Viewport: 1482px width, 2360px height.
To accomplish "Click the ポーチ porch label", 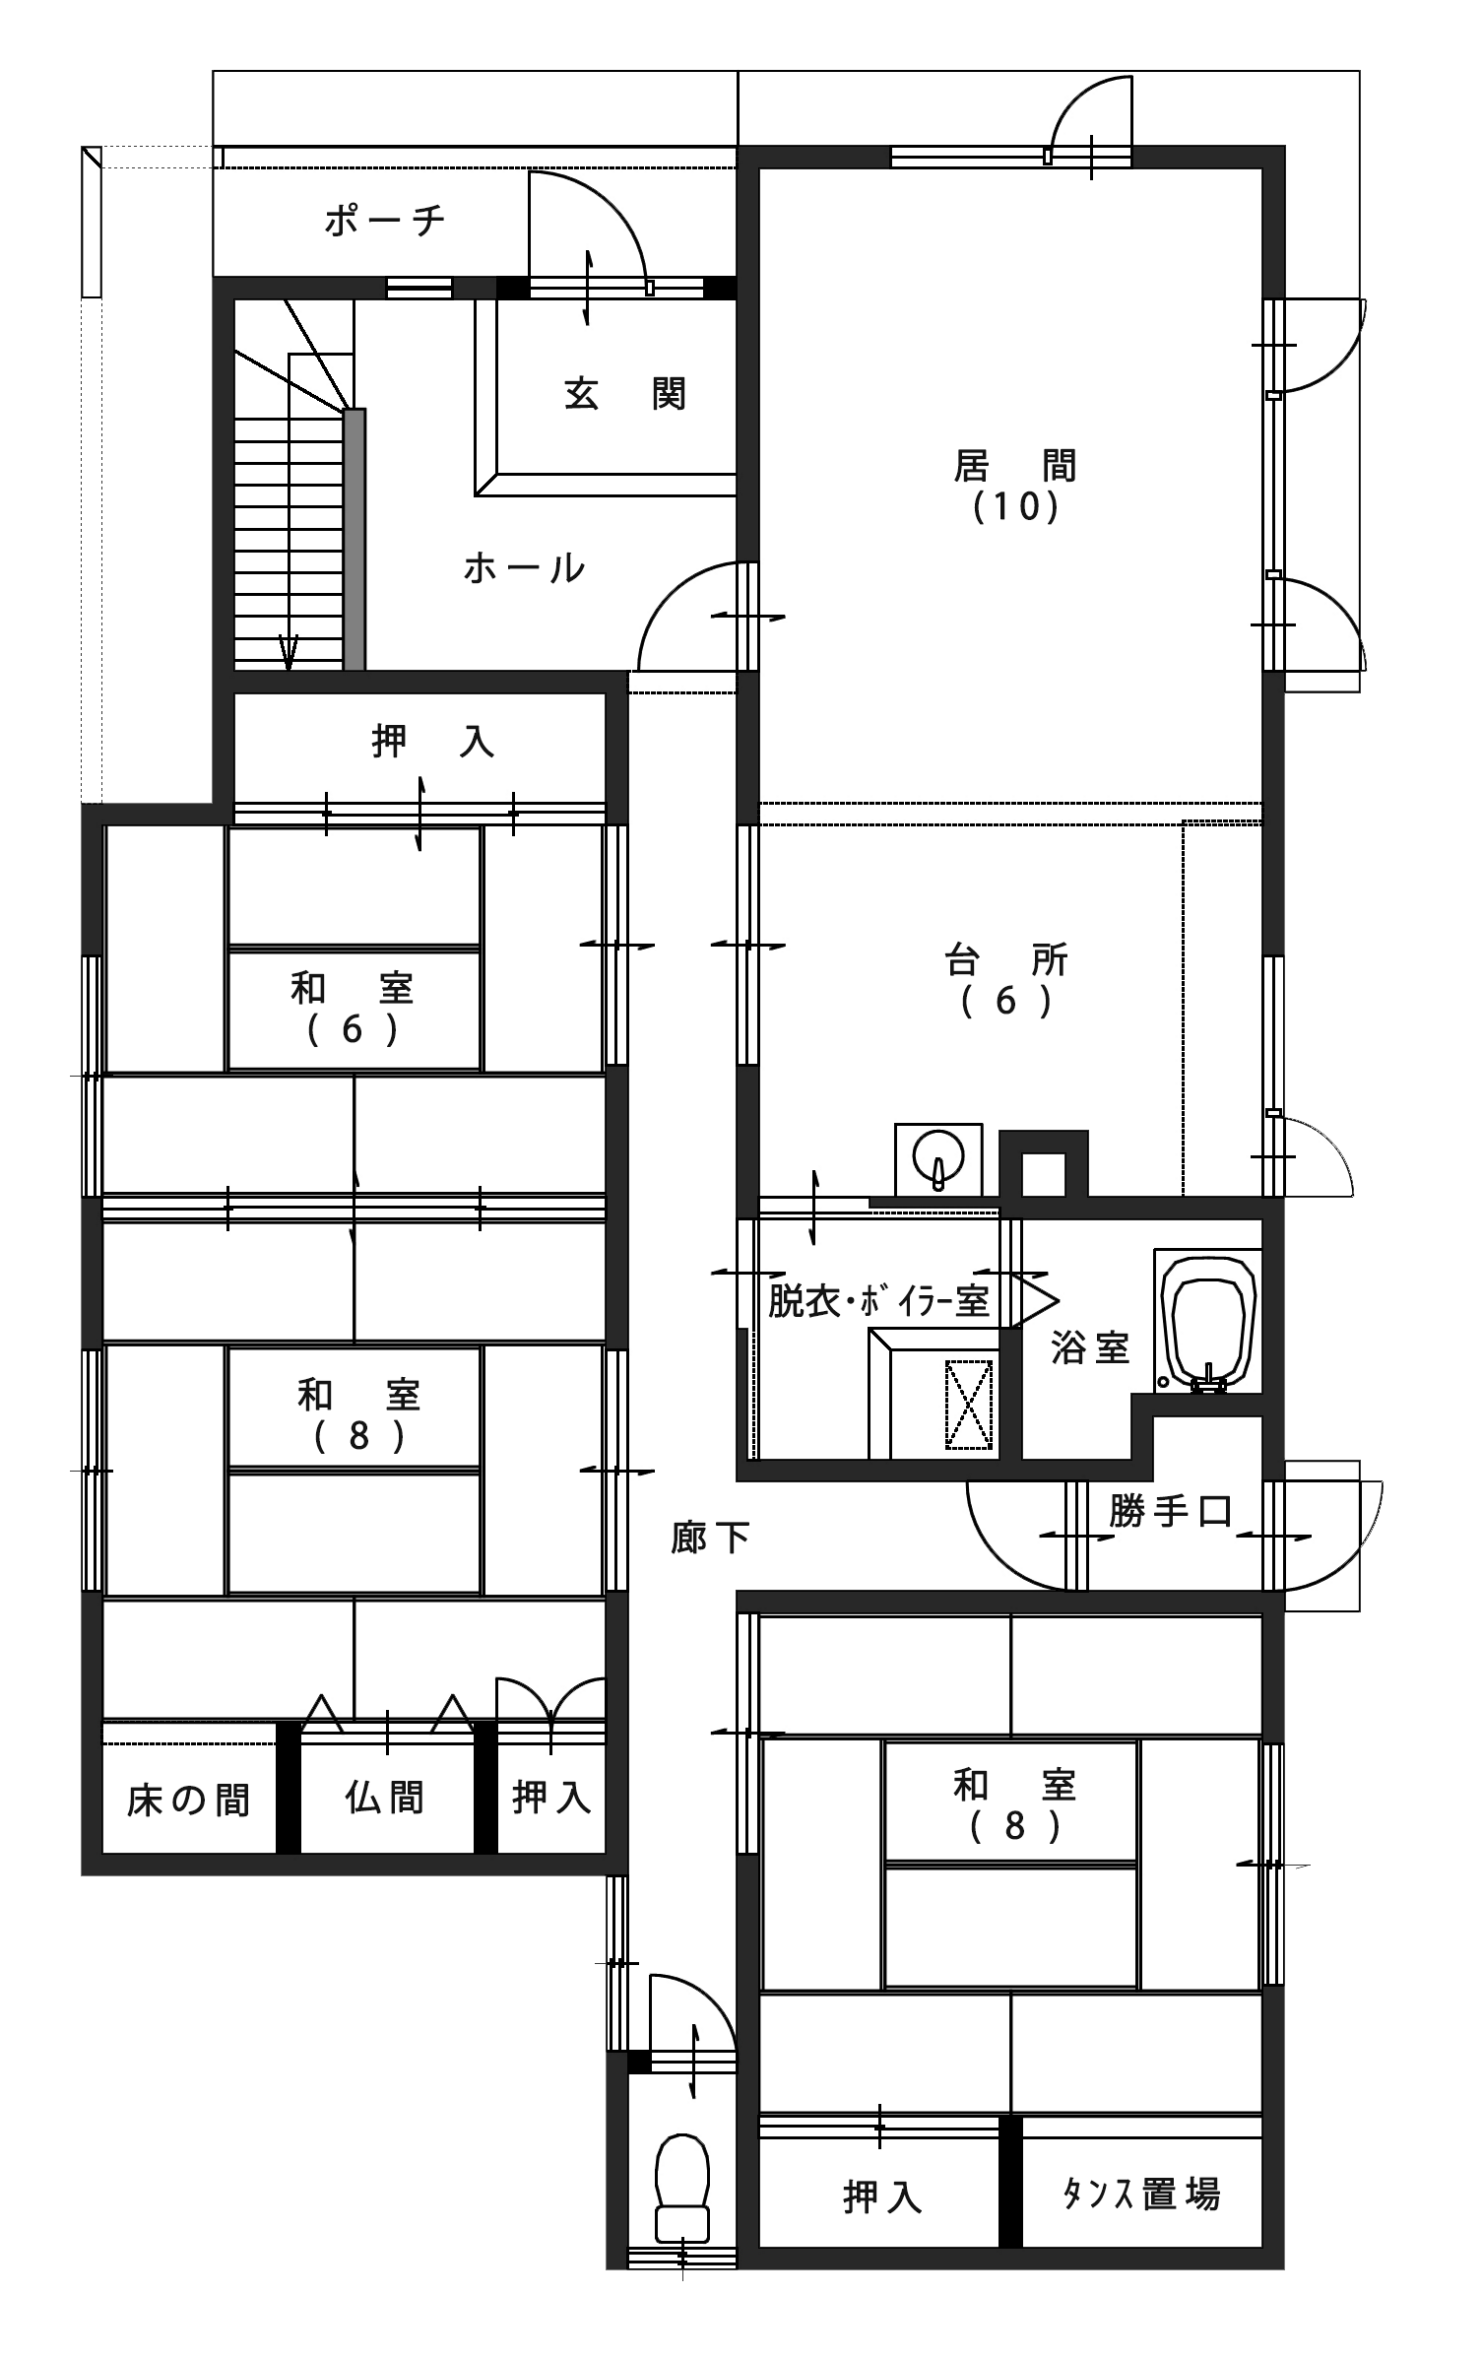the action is tap(385, 221).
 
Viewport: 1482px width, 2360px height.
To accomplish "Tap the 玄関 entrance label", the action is tap(625, 394).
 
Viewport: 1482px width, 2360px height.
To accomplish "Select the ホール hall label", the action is tap(525, 568).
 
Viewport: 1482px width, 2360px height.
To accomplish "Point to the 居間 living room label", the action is tap(1015, 465).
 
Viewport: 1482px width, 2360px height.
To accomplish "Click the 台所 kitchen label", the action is tap(1006, 959).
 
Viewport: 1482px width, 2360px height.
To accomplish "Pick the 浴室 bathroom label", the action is tap(1090, 1347).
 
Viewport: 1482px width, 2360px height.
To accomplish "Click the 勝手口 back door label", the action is tap(1171, 1510).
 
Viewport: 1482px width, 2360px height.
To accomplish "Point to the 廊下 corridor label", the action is tap(711, 1537).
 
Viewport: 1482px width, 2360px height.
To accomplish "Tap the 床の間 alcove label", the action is tap(188, 1801).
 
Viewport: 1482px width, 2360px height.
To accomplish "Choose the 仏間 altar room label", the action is tap(385, 1798).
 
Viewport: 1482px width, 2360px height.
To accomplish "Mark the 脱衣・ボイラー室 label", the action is tap(879, 1301).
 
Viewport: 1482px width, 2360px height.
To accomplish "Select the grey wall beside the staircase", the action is tap(354, 540).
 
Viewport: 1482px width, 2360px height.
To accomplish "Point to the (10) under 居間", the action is tap(1015, 506).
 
